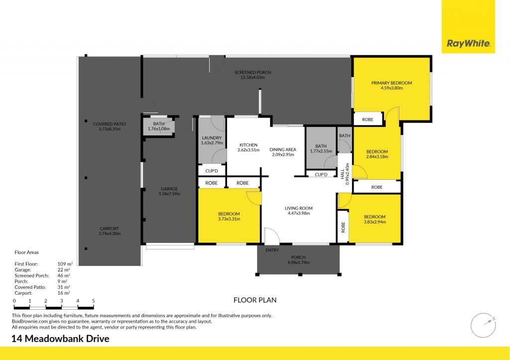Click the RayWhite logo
469,44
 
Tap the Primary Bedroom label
391,83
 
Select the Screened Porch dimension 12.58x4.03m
253,78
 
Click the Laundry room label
212,138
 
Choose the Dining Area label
283,149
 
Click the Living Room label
298,208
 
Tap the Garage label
169,189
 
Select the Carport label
110,228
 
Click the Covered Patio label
110,123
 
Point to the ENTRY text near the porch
272,250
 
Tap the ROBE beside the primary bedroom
368,120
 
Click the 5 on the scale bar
93,301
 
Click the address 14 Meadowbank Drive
60,339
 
